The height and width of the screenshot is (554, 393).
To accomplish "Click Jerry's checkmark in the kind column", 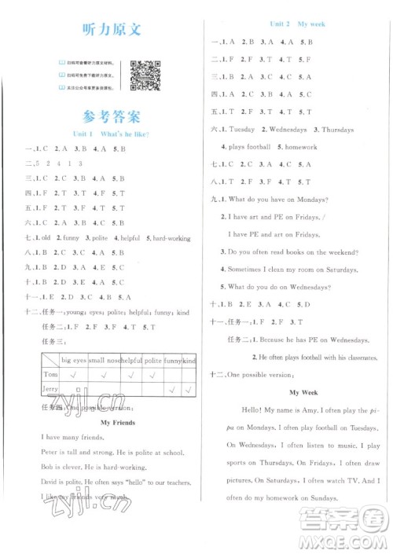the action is point(188,389).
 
